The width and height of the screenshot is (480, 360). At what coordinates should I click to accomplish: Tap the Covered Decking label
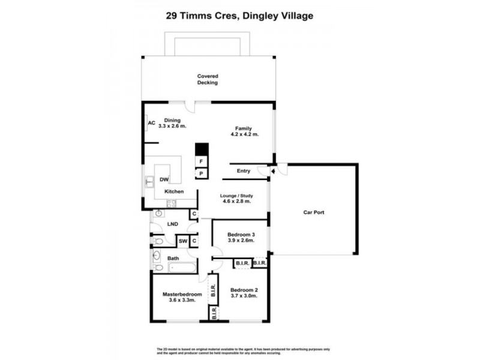[x=208, y=79]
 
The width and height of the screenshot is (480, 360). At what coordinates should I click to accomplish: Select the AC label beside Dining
[x=151, y=124]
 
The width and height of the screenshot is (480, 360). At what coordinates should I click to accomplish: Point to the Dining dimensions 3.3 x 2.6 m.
[x=172, y=127]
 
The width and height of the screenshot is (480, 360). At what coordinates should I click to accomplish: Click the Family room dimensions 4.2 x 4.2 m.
[x=243, y=134]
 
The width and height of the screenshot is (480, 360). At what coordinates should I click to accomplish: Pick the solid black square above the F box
[x=202, y=149]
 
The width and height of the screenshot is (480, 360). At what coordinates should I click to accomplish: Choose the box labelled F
[x=202, y=162]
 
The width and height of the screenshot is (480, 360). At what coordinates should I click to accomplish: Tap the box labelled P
[x=202, y=174]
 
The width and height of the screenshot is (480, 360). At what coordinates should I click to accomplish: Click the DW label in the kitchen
[x=164, y=179]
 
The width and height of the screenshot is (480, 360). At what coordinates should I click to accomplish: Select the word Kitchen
[x=174, y=191]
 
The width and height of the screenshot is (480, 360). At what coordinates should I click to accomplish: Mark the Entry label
[x=243, y=171]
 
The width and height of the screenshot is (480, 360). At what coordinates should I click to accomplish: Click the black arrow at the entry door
[x=272, y=172]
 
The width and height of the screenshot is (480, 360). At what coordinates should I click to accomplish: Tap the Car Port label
[x=314, y=212]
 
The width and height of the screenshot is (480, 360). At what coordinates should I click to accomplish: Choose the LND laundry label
[x=173, y=224]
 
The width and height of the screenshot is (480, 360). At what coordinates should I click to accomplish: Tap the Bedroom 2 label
[x=244, y=289]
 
